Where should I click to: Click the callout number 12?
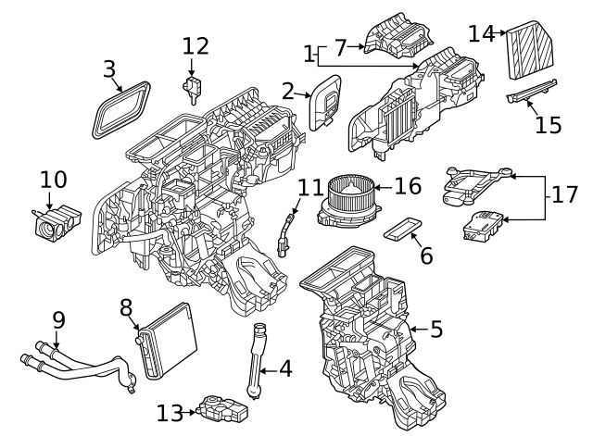coord(196,46)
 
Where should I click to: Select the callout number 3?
coord(109,69)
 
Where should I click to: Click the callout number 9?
coord(58,320)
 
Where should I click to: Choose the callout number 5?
coord(436,328)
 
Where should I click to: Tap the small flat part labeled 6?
coord(405,229)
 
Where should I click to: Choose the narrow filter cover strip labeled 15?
coord(532,93)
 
